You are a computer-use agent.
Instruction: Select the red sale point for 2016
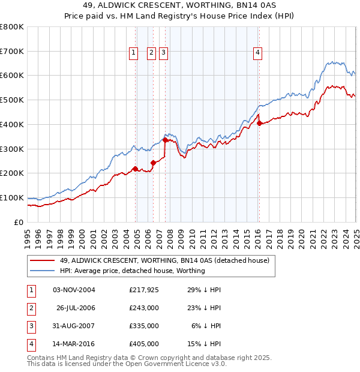click(x=259, y=124)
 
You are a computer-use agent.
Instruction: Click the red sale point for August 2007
click(x=165, y=140)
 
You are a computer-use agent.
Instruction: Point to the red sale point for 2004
click(x=135, y=169)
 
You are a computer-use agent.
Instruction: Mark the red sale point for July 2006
click(x=153, y=163)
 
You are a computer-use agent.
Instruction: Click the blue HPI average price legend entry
click(x=132, y=271)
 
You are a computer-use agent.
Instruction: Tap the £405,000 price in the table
click(x=144, y=344)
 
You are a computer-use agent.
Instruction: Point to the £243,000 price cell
click(x=144, y=308)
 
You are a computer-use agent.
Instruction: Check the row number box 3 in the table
click(x=30, y=326)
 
